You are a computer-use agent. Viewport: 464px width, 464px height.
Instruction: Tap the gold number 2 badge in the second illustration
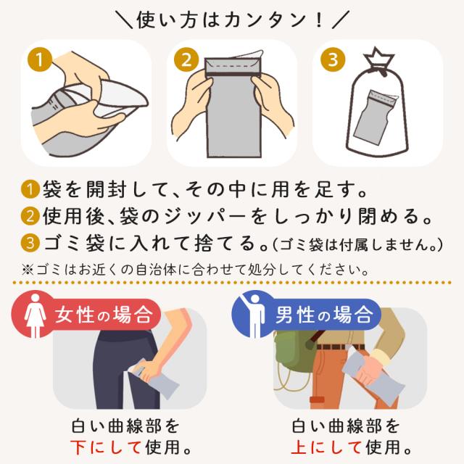(x=186, y=59)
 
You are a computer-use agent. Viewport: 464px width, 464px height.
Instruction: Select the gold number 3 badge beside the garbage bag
(x=333, y=59)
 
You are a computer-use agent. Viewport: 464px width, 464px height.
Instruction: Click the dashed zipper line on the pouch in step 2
(x=233, y=65)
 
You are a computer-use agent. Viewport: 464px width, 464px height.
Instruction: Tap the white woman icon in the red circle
(x=36, y=315)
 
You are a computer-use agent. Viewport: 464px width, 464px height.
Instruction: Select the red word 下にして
(x=105, y=447)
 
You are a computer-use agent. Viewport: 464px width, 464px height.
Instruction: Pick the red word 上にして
(x=326, y=447)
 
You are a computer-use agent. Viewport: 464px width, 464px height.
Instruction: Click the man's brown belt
(x=340, y=347)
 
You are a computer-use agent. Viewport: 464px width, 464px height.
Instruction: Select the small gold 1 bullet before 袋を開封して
(x=30, y=189)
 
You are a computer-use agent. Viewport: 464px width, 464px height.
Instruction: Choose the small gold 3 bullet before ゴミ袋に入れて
(x=30, y=244)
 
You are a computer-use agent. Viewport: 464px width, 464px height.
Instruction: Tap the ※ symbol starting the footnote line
(x=28, y=270)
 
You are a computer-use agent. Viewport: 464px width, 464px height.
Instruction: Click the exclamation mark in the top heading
(x=319, y=21)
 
